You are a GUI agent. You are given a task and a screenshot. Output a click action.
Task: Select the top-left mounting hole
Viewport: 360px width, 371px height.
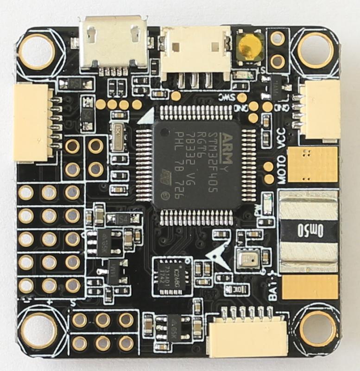(37, 51)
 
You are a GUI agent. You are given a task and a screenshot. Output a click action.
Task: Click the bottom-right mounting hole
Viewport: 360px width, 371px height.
(318, 328)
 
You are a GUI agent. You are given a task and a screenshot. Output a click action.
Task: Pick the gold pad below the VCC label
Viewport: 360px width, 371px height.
(312, 165)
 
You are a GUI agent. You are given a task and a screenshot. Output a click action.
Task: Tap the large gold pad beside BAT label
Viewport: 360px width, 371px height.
(310, 287)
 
